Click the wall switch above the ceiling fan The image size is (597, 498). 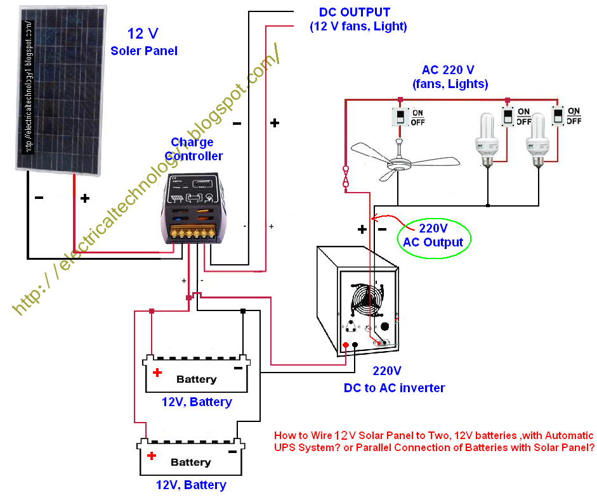pyautogui.click(x=401, y=117)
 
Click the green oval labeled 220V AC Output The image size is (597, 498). pyautogui.click(x=433, y=235)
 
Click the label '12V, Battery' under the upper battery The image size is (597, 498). pyautogui.click(x=197, y=402)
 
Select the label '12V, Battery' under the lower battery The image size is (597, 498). pyautogui.click(x=191, y=485)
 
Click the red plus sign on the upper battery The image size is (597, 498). pyautogui.click(x=157, y=373)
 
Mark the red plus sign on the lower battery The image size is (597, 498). pyautogui.click(x=151, y=456)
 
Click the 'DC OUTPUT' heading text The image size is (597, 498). pyautogui.click(x=354, y=12)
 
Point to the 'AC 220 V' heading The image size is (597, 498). pyautogui.click(x=448, y=70)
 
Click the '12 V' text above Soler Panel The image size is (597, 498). pyautogui.click(x=143, y=34)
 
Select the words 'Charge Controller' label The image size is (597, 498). pyautogui.click(x=193, y=149)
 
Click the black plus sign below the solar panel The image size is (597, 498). pyautogui.click(x=85, y=198)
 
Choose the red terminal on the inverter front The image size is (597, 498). pyautogui.click(x=345, y=345)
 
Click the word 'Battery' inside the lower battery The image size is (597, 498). pyautogui.click(x=190, y=462)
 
